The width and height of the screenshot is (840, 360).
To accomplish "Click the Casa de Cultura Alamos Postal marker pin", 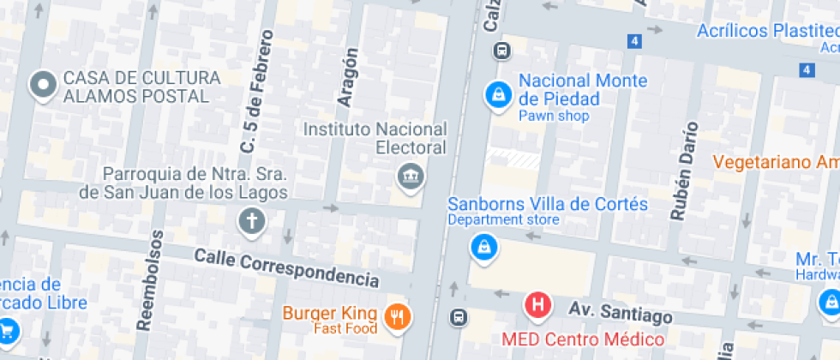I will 42,85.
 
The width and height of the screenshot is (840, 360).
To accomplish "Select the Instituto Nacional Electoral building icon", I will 411,177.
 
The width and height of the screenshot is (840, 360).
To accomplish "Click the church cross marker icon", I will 253,222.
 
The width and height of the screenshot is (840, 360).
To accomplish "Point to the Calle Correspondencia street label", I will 286,267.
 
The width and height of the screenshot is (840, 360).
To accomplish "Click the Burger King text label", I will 331,312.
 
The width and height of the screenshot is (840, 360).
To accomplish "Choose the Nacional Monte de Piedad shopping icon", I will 497,95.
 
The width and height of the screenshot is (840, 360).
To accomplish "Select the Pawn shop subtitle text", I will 554,116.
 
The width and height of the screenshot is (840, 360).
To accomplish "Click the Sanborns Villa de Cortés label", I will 548,205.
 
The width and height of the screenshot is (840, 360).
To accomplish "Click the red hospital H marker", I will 538,304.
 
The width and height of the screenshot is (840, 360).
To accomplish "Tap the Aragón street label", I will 347,76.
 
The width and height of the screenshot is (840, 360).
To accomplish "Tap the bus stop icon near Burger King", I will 459,317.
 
